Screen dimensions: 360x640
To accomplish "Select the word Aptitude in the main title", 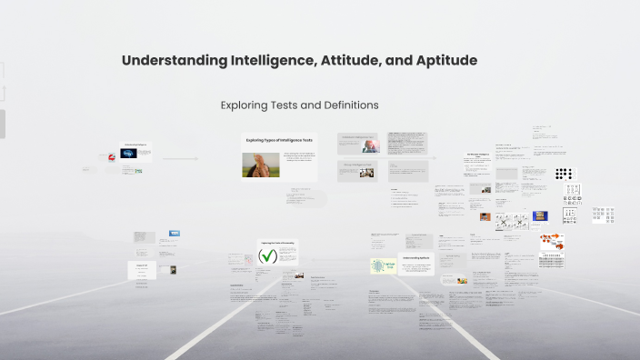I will [443, 61].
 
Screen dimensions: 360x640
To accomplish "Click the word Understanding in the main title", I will [175, 61].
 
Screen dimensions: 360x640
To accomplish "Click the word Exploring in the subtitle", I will [245, 105].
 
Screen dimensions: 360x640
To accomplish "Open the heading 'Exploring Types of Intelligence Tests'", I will [278, 140].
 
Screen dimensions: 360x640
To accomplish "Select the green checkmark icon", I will [268, 256].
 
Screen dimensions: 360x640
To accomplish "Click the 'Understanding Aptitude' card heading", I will [419, 259].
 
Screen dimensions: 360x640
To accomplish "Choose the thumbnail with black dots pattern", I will [565, 174].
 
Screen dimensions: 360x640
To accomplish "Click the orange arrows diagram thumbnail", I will [552, 243].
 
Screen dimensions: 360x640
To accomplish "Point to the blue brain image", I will [131, 154].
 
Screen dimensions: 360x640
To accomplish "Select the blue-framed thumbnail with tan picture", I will [541, 215].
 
